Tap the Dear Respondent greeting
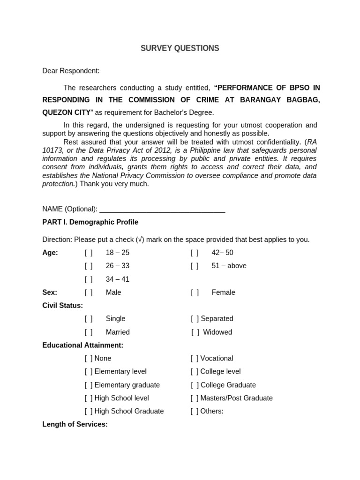coord(71,71)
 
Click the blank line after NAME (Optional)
coord(162,209)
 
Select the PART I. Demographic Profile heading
coord(90,222)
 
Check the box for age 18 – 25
coord(89,253)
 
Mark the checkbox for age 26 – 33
coord(89,266)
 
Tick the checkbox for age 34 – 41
coord(89,279)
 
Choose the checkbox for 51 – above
coord(195,266)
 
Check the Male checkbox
coord(89,292)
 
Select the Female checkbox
coord(195,292)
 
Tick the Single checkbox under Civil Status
coord(89,319)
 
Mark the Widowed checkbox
coord(195,332)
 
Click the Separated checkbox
coord(195,319)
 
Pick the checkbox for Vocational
coord(195,359)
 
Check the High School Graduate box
coord(89,412)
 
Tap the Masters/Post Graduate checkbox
coord(195,398)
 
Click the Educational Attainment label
coord(83,345)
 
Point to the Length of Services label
coord(75,425)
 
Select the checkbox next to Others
coord(195,412)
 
